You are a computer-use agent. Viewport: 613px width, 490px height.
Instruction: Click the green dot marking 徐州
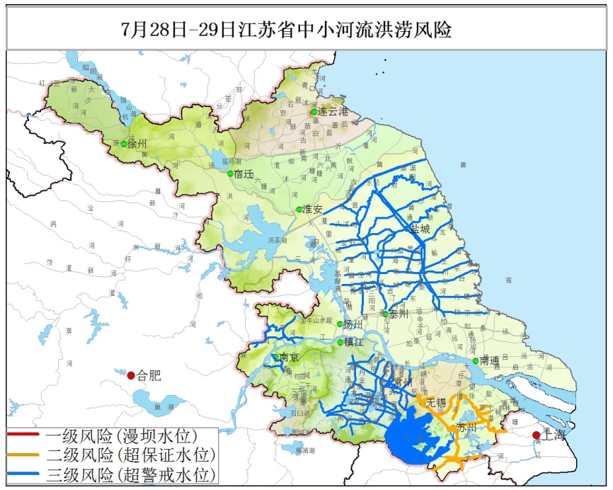coord(124,144)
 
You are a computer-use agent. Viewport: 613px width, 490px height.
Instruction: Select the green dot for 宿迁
coord(230,173)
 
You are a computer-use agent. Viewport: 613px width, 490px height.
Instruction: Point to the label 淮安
coord(313,209)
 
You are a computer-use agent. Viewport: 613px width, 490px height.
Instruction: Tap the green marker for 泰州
coord(385,314)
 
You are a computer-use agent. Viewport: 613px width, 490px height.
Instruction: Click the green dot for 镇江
coord(340,342)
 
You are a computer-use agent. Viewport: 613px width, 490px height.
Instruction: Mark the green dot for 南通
coord(476,361)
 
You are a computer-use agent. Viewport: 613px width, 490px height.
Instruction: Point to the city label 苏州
coord(466,428)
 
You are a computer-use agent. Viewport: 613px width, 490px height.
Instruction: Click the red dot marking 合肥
coord(131,375)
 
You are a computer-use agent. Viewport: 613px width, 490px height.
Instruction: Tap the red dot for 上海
coord(536,435)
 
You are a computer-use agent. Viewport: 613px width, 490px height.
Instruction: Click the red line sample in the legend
coord(25,435)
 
